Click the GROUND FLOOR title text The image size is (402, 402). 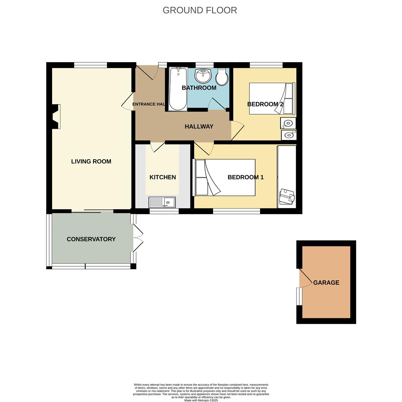click(200, 10)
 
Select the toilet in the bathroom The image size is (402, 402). click(222, 77)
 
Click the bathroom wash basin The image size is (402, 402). click(203, 76)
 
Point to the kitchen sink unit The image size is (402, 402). click(162, 202)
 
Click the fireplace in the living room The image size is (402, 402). click(56, 117)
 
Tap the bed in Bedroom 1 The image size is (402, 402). click(225, 178)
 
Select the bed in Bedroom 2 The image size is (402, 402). click(272, 99)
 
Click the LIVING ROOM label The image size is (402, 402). click(91, 162)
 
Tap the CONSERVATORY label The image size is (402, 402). click(91, 239)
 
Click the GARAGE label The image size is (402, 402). click(326, 283)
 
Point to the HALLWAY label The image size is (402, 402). click(199, 127)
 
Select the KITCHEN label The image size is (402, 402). click(162, 177)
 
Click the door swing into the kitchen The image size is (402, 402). click(158, 147)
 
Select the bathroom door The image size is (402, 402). click(218, 104)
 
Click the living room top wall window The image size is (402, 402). click(91, 65)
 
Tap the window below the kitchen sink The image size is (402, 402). click(164, 211)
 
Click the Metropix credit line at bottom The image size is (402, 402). click(201, 400)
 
